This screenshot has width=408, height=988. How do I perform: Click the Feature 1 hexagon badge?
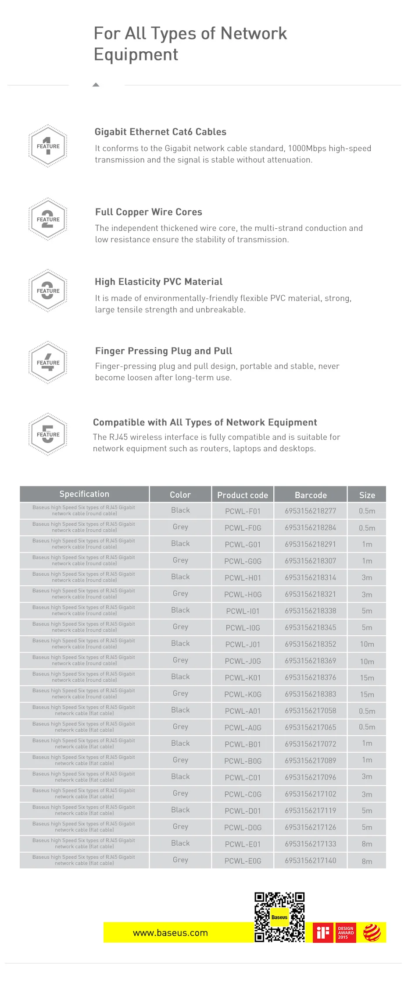coord(48,146)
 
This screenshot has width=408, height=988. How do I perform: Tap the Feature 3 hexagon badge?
coord(48,290)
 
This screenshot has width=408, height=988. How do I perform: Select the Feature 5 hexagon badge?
coord(48,434)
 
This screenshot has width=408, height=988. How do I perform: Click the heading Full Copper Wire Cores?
coord(148,212)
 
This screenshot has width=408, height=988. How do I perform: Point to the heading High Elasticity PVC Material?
coord(158,282)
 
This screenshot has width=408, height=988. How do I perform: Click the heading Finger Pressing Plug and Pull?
coord(164,351)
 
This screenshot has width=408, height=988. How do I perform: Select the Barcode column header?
coord(311,495)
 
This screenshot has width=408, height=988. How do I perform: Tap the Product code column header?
coord(243,495)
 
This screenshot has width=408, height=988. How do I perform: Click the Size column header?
coord(367,495)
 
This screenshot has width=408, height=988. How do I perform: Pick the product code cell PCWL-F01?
coord(243,511)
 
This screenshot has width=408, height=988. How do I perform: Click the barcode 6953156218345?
coord(311,628)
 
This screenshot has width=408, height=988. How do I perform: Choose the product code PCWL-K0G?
coord(243,694)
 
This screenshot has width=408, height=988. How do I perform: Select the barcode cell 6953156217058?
coord(311,711)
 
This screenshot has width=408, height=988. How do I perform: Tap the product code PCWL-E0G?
coord(243,861)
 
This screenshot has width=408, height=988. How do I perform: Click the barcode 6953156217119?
coord(311,811)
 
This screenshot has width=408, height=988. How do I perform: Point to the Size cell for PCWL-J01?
coord(367,645)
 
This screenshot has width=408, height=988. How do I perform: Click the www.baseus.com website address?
coord(170,933)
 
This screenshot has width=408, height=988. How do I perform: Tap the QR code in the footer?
coord(279,917)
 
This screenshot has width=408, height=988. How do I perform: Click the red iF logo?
coord(323,933)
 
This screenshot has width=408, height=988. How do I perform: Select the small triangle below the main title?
coord(96,85)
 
